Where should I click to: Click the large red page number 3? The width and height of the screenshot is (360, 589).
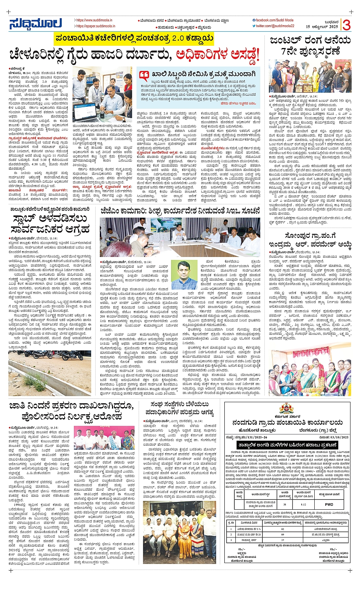(346, 24)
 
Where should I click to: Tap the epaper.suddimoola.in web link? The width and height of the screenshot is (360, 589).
(94, 26)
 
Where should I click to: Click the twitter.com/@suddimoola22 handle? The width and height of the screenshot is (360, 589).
(275, 26)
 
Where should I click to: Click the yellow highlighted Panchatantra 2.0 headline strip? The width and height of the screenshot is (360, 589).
(134, 39)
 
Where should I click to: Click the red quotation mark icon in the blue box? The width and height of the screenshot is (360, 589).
(144, 75)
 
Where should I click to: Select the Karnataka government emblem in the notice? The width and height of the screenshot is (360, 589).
(287, 409)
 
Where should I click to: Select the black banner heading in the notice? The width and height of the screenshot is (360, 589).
(286, 445)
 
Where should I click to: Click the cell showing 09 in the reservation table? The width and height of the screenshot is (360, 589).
(283, 534)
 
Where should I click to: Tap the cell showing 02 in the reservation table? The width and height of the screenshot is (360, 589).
(283, 529)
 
